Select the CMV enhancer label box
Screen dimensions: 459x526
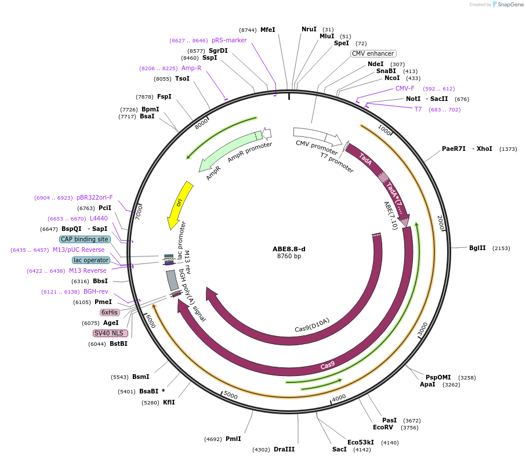click(373, 54)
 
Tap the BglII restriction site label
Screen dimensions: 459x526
click(477, 248)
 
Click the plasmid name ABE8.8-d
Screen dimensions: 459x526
click(289, 249)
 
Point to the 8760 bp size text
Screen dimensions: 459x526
click(289, 256)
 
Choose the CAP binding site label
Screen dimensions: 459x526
click(84, 239)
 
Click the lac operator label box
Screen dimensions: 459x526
click(91, 260)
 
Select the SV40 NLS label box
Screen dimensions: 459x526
click(109, 333)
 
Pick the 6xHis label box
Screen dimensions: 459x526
click(110, 312)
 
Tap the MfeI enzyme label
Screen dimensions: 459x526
click(267, 30)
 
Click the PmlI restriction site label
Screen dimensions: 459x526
click(233, 439)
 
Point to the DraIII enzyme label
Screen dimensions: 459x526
click(284, 449)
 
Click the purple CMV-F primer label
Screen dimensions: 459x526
click(405, 89)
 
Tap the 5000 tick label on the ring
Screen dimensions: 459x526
click(231, 395)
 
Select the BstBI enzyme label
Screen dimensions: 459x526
click(118, 344)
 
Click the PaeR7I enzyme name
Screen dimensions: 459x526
click(454, 149)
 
